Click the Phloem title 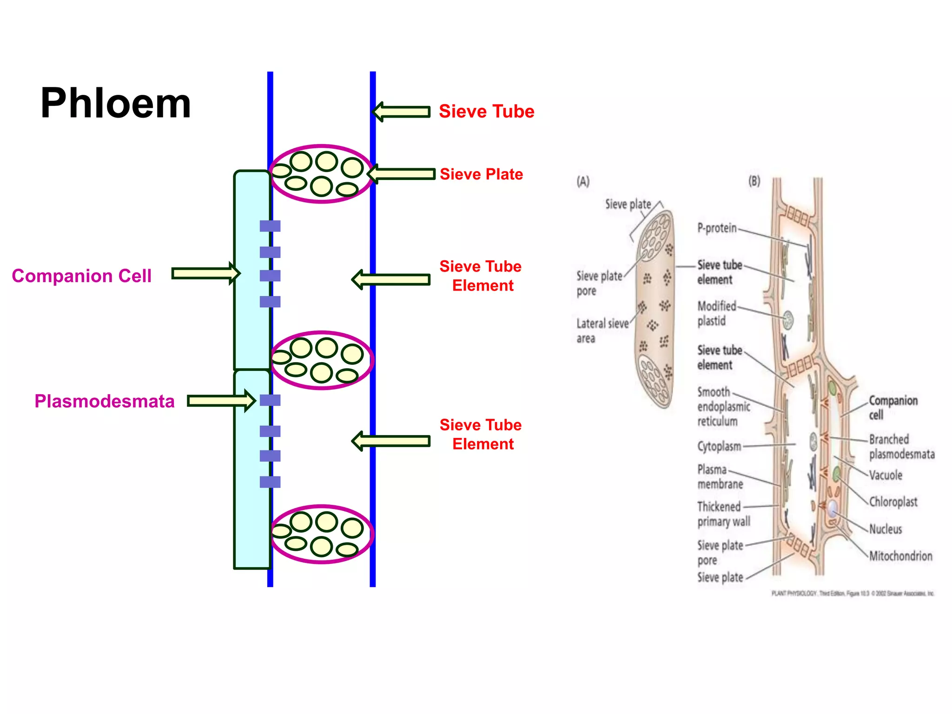(x=116, y=104)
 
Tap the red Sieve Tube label (x=486, y=112)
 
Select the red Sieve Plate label (x=481, y=174)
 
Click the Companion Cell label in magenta (x=82, y=276)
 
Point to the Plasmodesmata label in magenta (x=105, y=402)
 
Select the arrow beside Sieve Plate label (x=401, y=174)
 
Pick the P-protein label (x=717, y=228)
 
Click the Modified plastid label (x=716, y=314)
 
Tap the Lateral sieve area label (x=602, y=331)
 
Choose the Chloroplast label (x=893, y=502)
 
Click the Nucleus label (x=886, y=529)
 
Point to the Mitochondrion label (x=900, y=556)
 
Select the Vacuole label (x=886, y=475)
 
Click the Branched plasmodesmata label (x=901, y=447)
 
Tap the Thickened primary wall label (x=723, y=514)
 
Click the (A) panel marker (x=583, y=181)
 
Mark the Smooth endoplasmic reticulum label (x=723, y=407)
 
